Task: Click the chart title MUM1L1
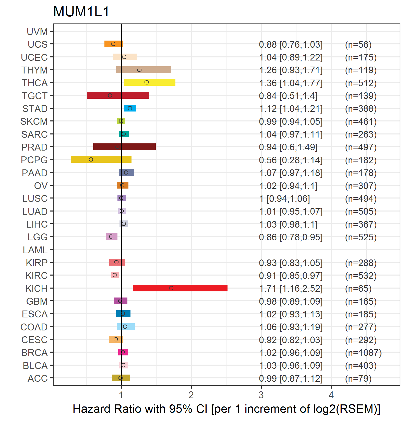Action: click(x=81, y=12)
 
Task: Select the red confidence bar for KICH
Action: click(x=180, y=288)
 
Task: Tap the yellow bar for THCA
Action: click(x=150, y=82)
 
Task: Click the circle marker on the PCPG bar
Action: click(x=91, y=159)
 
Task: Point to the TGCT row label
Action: click(x=35, y=96)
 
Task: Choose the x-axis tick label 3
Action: click(x=261, y=395)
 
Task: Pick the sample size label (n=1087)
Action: click(x=363, y=353)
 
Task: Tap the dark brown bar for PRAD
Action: click(x=124, y=147)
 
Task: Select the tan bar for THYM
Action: click(x=144, y=70)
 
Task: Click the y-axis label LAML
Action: click(x=35, y=250)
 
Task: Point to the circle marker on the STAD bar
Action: click(x=130, y=108)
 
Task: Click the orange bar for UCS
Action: click(x=114, y=44)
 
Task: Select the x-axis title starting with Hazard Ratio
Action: click(x=226, y=409)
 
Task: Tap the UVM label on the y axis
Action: click(x=37, y=32)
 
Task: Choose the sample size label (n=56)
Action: click(x=358, y=45)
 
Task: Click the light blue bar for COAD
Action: click(x=126, y=327)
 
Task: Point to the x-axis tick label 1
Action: click(x=121, y=395)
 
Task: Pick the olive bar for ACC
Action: click(x=121, y=378)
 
